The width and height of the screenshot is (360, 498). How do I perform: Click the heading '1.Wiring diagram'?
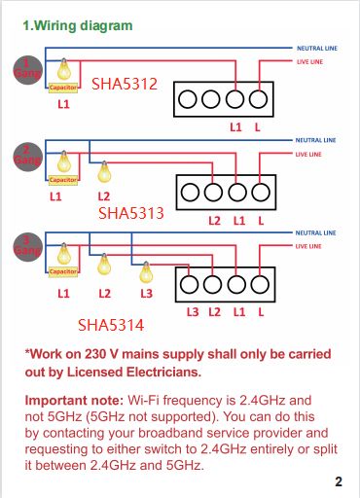(77, 26)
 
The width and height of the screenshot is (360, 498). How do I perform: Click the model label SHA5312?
(124, 85)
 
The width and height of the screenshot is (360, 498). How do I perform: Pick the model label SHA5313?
(130, 211)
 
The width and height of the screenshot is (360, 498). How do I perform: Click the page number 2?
(338, 481)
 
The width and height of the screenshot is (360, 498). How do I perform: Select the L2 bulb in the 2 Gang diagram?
(104, 173)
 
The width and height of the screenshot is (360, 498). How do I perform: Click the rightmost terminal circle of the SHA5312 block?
(257, 99)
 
